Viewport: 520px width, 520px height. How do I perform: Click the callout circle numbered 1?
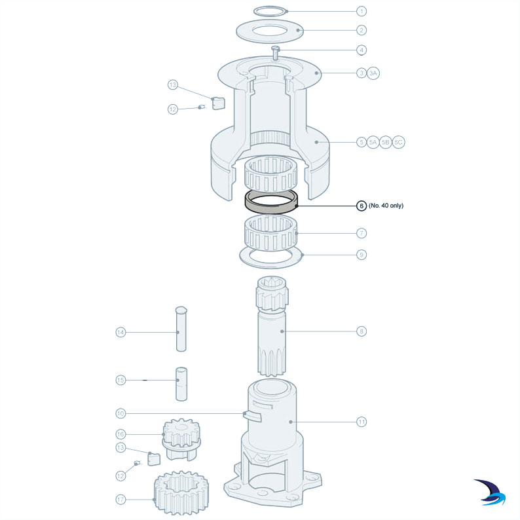361,11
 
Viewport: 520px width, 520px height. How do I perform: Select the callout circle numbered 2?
361,29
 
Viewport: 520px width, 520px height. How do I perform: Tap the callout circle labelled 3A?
373,73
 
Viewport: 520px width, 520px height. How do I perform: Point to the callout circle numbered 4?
361,49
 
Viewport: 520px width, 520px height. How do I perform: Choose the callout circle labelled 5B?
386,142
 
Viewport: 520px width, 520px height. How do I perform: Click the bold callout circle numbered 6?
361,206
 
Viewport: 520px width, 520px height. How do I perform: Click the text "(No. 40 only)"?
386,206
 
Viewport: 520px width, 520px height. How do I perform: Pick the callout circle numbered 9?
361,255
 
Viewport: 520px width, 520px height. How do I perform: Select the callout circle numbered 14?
120,333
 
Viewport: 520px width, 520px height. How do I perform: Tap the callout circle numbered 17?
120,500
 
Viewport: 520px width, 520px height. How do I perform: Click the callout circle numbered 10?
120,413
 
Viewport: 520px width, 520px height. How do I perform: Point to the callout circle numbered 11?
361,422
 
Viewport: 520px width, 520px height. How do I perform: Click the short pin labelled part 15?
181,384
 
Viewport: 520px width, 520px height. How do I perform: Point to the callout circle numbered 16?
120,434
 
